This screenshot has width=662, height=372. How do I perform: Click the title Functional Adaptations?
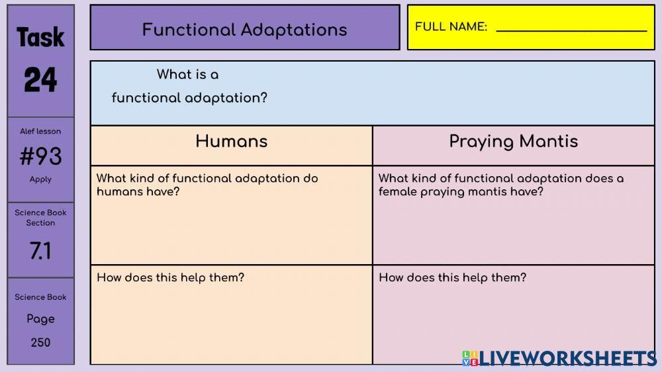pos(244,30)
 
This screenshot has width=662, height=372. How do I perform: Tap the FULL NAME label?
pos(451,27)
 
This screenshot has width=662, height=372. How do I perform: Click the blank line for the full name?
pos(571,29)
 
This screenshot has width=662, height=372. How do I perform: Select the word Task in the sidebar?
pos(40,38)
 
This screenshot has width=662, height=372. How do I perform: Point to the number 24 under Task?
pos(40,80)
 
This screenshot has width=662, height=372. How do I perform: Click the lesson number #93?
pos(40,157)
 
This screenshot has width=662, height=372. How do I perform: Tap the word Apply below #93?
pos(40,179)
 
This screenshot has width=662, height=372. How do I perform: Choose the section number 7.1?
pos(40,251)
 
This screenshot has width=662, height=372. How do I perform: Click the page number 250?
pos(40,342)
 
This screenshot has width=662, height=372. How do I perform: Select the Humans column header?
pos(232,142)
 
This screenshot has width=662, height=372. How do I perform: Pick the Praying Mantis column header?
pos(514,142)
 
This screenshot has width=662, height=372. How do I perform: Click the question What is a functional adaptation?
pos(189,87)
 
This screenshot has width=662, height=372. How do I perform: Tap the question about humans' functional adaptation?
pos(207,185)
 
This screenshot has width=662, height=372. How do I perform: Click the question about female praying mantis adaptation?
pos(500,185)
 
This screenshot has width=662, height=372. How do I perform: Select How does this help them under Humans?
pos(170,277)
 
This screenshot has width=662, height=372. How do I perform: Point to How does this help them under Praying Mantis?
pos(452,277)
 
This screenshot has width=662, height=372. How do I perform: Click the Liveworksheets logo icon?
pos(470,358)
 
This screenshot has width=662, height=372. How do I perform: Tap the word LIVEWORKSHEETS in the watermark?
pos(568,358)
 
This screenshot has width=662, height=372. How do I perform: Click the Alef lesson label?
pos(40,131)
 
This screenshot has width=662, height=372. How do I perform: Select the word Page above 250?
pos(40,319)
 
